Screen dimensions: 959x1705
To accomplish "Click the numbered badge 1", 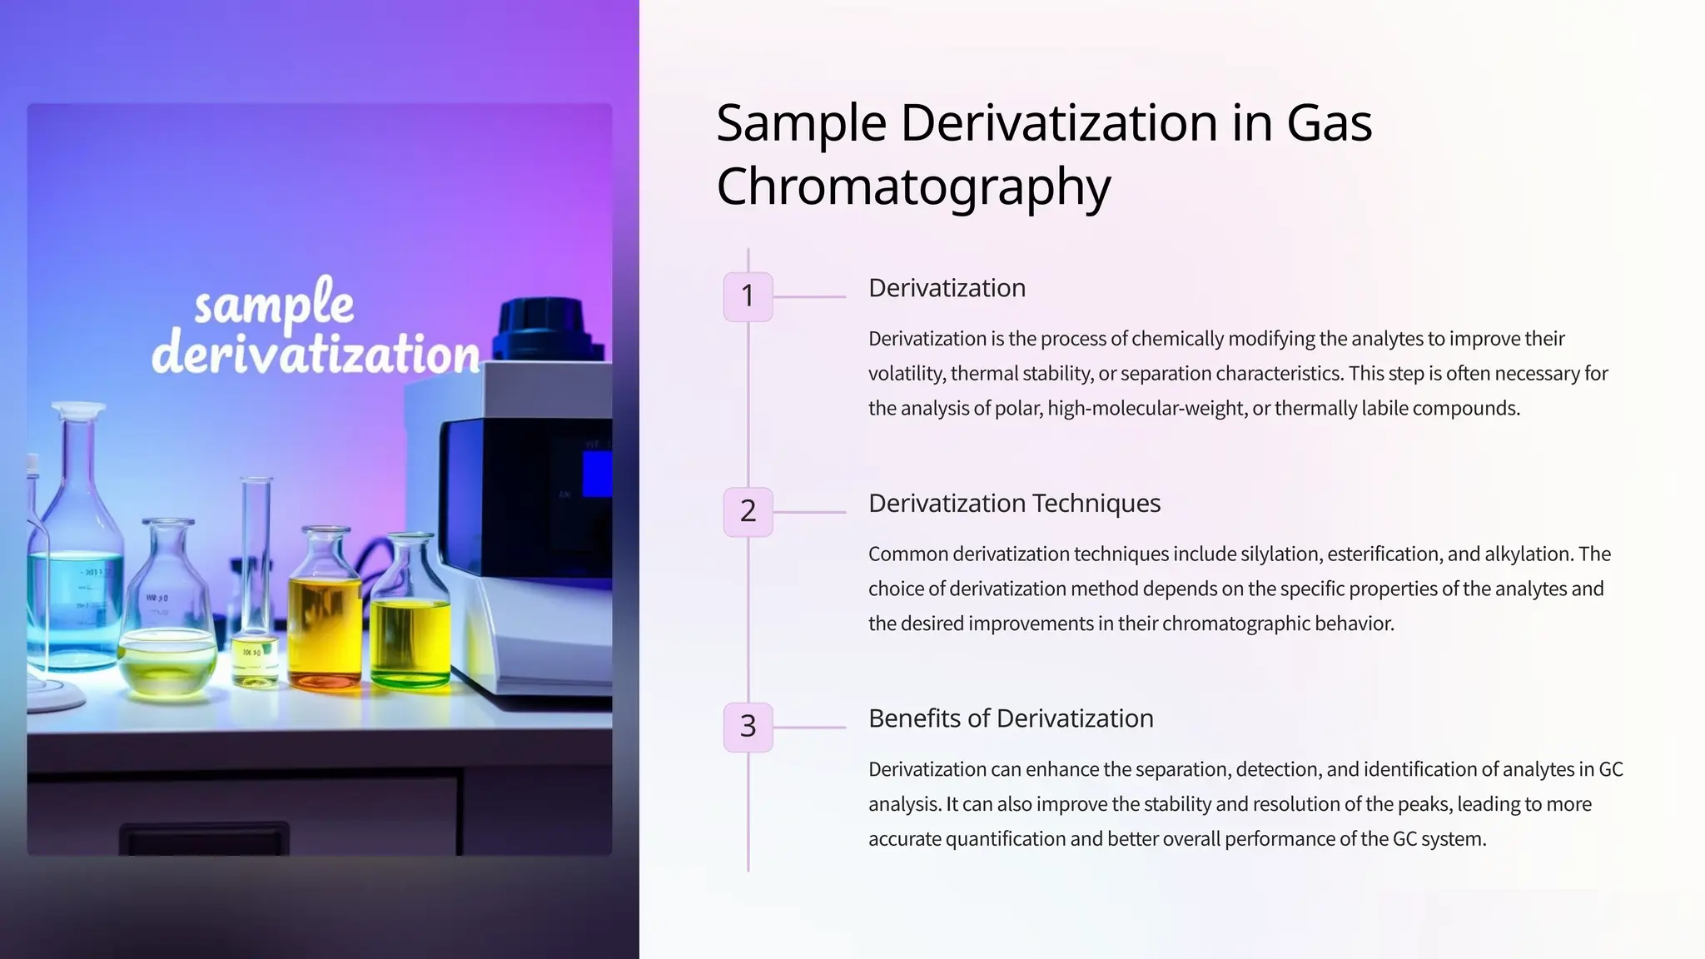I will tap(748, 296).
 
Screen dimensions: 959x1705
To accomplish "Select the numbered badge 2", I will tap(748, 511).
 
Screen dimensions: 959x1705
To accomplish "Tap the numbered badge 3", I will tap(748, 727).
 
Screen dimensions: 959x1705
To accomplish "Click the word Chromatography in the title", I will tap(913, 186).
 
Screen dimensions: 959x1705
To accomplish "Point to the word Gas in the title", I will tap(1329, 123).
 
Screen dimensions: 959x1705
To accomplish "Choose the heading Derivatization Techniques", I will tap(1014, 504).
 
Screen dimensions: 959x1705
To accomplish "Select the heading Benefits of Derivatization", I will tap(1011, 718).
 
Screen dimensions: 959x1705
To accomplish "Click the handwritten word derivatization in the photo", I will tap(316, 355).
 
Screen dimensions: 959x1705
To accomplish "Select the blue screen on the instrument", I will tap(597, 474).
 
